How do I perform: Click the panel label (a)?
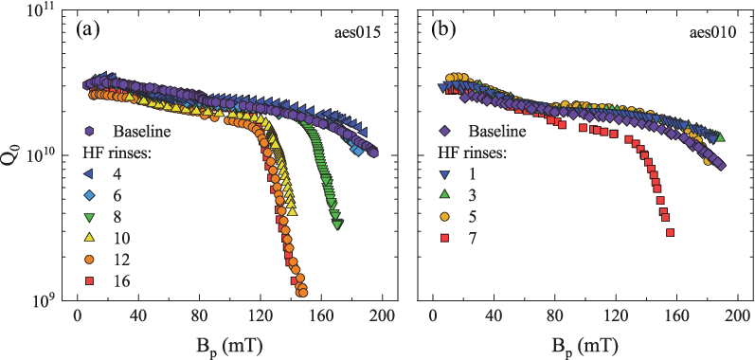point(87,32)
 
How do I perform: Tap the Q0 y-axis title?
point(16,159)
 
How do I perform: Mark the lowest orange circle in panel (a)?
point(303,292)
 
